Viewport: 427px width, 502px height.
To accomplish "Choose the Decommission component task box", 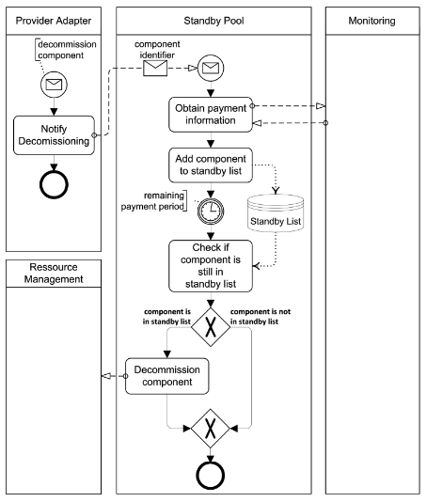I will [166, 375].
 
